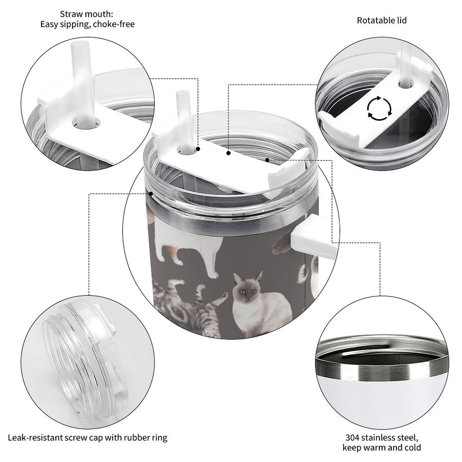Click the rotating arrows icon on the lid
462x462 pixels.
coord(379,108)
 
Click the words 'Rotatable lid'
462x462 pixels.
coord(381,20)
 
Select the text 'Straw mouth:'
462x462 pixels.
coord(87,14)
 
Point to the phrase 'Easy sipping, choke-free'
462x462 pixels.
coord(87,24)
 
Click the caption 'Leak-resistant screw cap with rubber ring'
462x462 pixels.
coord(87,437)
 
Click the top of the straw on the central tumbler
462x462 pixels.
coord(181,94)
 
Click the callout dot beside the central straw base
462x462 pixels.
coord(198,149)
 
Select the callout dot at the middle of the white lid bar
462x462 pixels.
coord(228,153)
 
